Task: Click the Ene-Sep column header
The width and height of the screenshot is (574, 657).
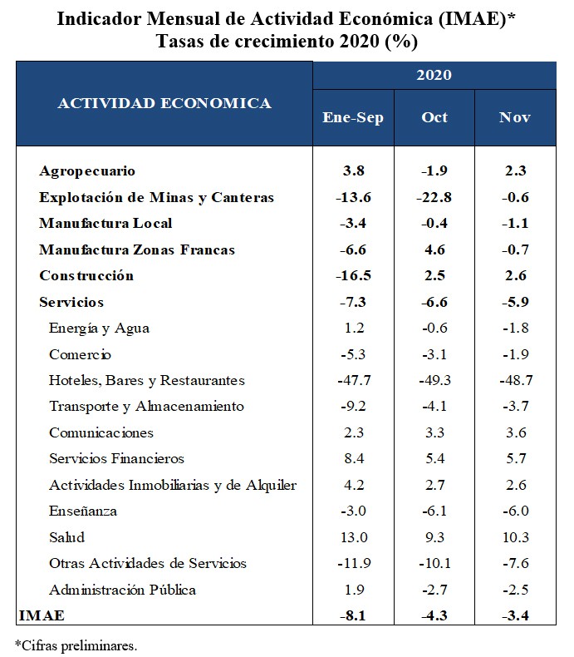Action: pyautogui.click(x=353, y=118)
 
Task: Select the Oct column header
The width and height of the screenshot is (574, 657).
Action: pyautogui.click(x=434, y=117)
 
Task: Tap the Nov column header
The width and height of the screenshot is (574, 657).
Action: pyautogui.click(x=514, y=117)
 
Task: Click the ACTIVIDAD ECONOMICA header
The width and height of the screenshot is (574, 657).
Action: pyautogui.click(x=164, y=103)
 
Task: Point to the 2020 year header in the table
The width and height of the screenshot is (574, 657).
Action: pyautogui.click(x=434, y=75)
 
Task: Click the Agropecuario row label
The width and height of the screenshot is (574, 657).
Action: pyautogui.click(x=87, y=171)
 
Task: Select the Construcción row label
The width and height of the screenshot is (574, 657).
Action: pyautogui.click(x=86, y=276)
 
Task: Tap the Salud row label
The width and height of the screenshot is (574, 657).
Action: pyautogui.click(x=67, y=537)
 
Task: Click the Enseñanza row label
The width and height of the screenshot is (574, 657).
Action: pyautogui.click(x=83, y=511)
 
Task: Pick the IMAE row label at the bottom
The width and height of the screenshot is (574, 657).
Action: pyautogui.click(x=42, y=615)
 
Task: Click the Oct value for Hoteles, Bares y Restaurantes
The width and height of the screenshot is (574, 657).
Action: pyautogui.click(x=434, y=380)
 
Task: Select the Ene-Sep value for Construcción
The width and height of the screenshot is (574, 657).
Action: pyautogui.click(x=353, y=276)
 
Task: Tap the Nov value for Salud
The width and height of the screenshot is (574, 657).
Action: pyautogui.click(x=515, y=537)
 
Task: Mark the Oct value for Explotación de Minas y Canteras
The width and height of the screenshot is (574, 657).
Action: pyautogui.click(x=434, y=197)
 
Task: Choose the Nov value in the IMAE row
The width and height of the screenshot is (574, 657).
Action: pyautogui.click(x=515, y=615)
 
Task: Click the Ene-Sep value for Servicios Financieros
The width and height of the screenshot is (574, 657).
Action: pyautogui.click(x=354, y=458)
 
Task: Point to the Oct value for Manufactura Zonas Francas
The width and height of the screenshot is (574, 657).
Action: pyautogui.click(x=434, y=249)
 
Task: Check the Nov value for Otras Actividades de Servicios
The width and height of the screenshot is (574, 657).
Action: pyautogui.click(x=515, y=563)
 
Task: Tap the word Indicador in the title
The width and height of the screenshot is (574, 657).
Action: pyautogui.click(x=99, y=19)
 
